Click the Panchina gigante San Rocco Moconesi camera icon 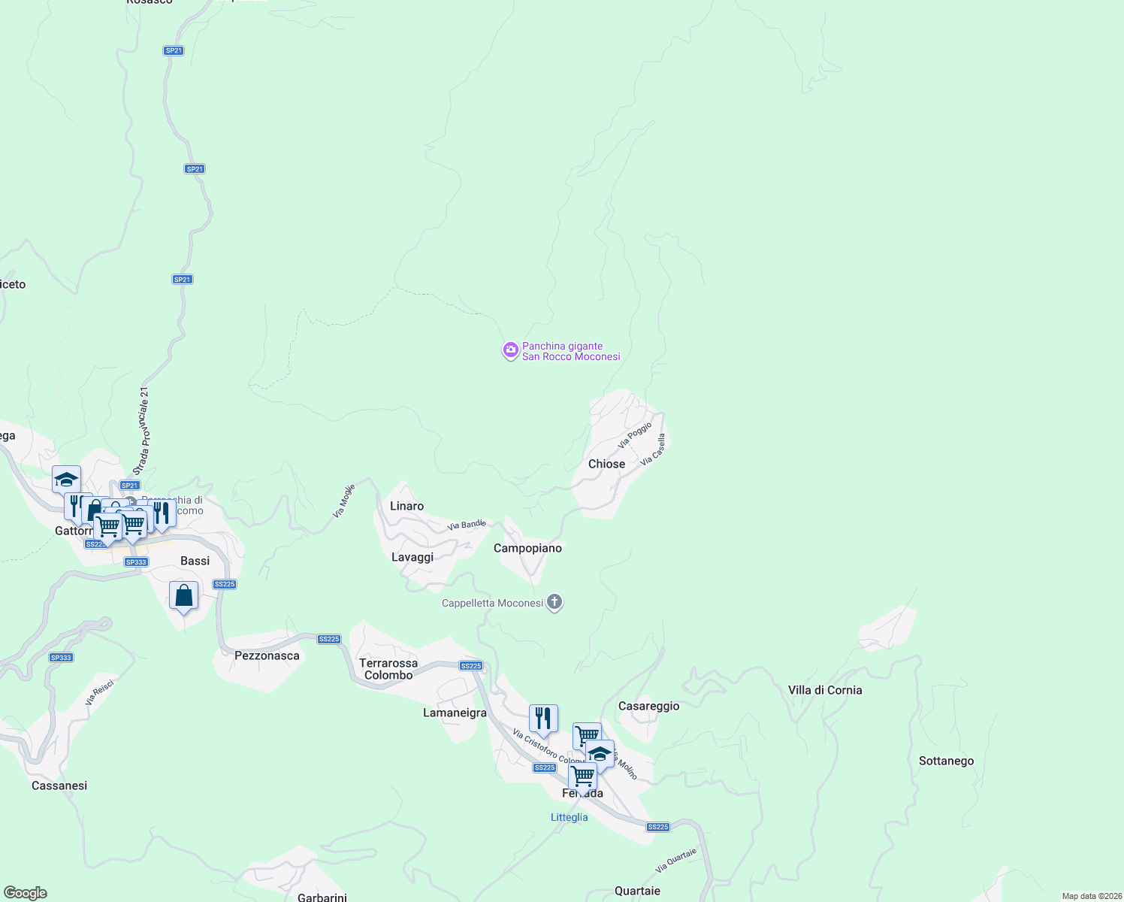(510, 350)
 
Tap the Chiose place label (606, 464)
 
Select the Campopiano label (527, 548)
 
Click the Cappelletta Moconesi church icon (554, 602)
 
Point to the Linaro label (406, 506)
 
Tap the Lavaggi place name (412, 557)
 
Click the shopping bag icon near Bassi (184, 597)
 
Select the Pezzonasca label (267, 655)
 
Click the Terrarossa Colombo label (388, 669)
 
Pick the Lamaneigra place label (455, 713)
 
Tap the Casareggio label (648, 706)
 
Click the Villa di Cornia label (825, 690)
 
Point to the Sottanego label (946, 761)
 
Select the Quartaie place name (637, 891)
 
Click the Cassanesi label (59, 785)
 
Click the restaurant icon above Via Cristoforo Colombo (543, 719)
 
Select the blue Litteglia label (569, 817)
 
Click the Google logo (26, 893)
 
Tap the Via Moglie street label (343, 501)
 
